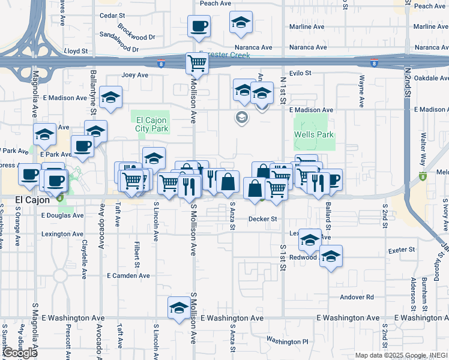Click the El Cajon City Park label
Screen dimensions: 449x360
pos(150,124)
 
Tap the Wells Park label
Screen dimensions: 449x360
pos(314,134)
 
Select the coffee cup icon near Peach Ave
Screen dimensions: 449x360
pos(199,26)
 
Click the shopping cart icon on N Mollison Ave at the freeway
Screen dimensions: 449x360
pos(197,63)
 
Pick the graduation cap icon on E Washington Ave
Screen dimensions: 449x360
pos(178,308)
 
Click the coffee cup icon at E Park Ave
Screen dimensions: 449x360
pos(82,145)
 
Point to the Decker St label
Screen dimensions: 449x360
pos(262,219)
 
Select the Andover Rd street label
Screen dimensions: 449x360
pos(357,297)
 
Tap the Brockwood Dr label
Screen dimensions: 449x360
pos(137,28)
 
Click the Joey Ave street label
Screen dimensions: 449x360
pos(134,75)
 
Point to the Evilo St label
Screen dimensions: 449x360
pos(300,73)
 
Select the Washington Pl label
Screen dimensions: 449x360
pos(288,341)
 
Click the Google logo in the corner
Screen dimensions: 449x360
pos(20,353)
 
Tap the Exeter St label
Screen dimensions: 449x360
pos(402,250)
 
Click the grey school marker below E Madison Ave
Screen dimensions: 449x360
pos(241,117)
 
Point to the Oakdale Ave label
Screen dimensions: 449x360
pos(432,77)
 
